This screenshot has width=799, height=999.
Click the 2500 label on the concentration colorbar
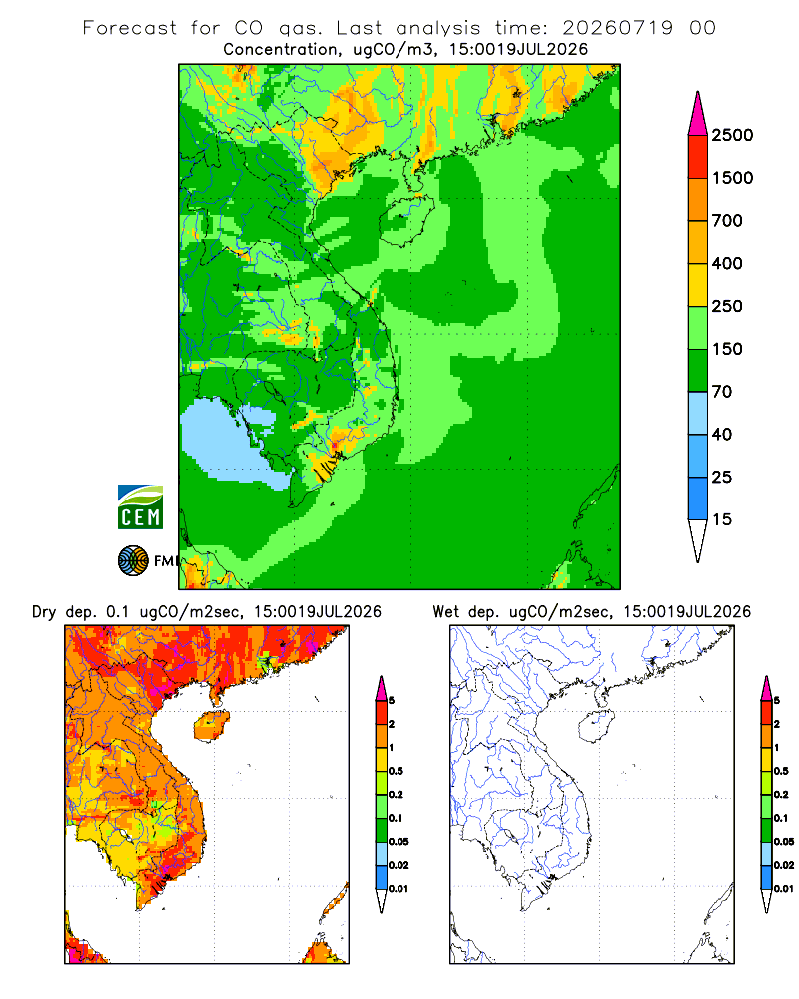(732, 135)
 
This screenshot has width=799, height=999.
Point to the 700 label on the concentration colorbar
(727, 221)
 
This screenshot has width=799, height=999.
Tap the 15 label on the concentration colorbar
(722, 519)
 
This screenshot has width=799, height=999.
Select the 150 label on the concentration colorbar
(727, 349)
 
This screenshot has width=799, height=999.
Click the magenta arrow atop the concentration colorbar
(698, 115)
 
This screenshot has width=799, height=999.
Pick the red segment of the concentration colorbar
(698, 157)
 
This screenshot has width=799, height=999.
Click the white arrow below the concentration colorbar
(698, 539)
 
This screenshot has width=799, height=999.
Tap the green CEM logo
(140, 507)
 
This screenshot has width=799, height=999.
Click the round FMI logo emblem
(133, 561)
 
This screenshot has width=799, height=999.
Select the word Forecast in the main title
(130, 28)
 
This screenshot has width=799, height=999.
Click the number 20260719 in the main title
(617, 28)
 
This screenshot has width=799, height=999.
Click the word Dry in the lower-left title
(44, 612)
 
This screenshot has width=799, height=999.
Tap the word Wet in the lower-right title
(446, 612)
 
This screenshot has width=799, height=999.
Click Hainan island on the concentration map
(406, 220)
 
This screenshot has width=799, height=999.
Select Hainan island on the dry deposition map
(211, 727)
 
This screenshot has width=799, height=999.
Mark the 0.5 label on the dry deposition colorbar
(396, 771)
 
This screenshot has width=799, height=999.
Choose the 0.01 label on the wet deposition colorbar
(784, 889)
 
